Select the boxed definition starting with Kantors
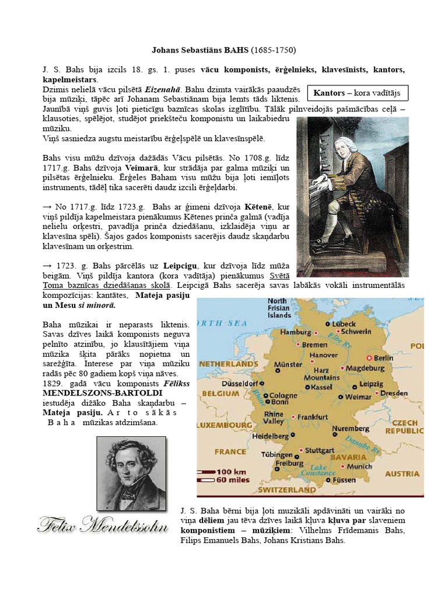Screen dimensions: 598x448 [358, 93]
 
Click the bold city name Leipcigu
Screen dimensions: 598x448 [167, 266]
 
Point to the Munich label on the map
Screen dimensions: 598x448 [359, 467]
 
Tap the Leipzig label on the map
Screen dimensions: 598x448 [371, 384]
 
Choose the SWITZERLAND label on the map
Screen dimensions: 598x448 [287, 489]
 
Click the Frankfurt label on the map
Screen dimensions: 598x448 [313, 418]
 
